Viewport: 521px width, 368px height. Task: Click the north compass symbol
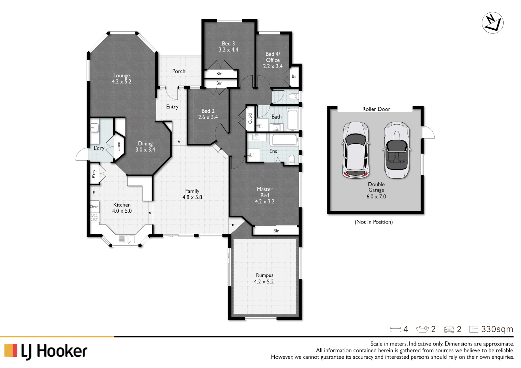tap(492, 23)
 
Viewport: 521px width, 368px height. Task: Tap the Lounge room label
tap(121, 76)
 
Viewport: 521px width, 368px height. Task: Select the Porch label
tap(178, 71)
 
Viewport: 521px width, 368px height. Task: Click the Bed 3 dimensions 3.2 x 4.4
tap(228, 50)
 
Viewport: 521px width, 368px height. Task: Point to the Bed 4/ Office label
tap(273, 57)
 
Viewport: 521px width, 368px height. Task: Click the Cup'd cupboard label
tap(250, 119)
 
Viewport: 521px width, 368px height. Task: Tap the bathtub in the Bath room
tap(292, 120)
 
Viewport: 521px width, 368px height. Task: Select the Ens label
tap(273, 151)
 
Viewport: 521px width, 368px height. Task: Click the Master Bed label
tap(264, 192)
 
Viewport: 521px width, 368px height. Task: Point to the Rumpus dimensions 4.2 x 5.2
tap(264, 282)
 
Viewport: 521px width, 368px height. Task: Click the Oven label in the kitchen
tap(94, 207)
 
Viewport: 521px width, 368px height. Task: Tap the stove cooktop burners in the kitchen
tap(94, 217)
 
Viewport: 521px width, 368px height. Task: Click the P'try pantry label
tap(94, 174)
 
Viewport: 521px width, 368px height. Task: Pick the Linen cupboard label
tap(119, 147)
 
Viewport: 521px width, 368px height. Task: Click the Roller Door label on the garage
tap(376, 109)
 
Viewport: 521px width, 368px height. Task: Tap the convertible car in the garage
tap(396, 150)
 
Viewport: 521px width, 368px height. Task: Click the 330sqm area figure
tap(497, 329)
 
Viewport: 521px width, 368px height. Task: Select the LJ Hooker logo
tap(46, 351)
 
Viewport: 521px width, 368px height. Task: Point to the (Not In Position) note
tap(374, 222)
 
